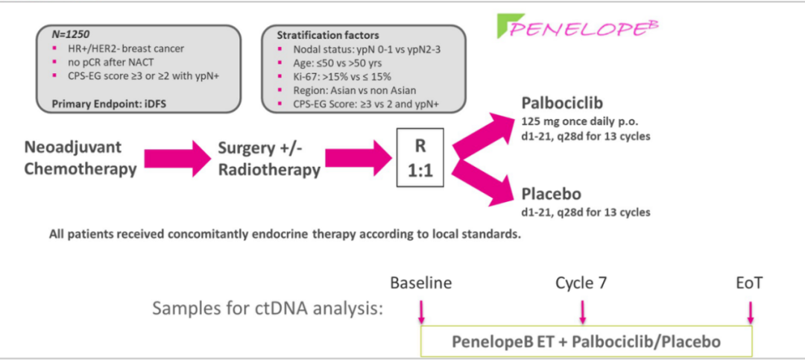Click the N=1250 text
pos(71,34)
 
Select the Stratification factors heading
pos(327,35)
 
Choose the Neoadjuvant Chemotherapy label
pos(80,158)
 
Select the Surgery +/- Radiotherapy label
pos(268,158)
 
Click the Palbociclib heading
pos(563,104)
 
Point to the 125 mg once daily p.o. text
pos(579,121)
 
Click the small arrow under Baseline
pos(421,310)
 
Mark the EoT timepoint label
pos(749,283)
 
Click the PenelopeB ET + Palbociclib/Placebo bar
pos(587,341)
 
